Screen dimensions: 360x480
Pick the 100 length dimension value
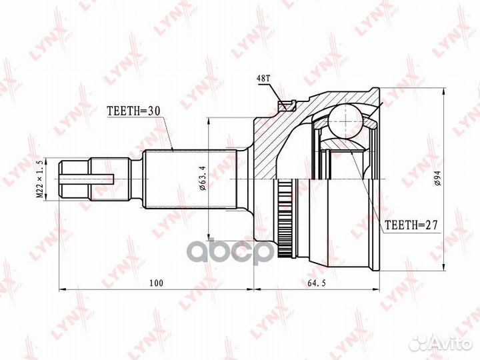click(157, 283)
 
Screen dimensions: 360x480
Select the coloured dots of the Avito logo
click(420, 342)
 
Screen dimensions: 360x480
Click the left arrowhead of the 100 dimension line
click(63, 290)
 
